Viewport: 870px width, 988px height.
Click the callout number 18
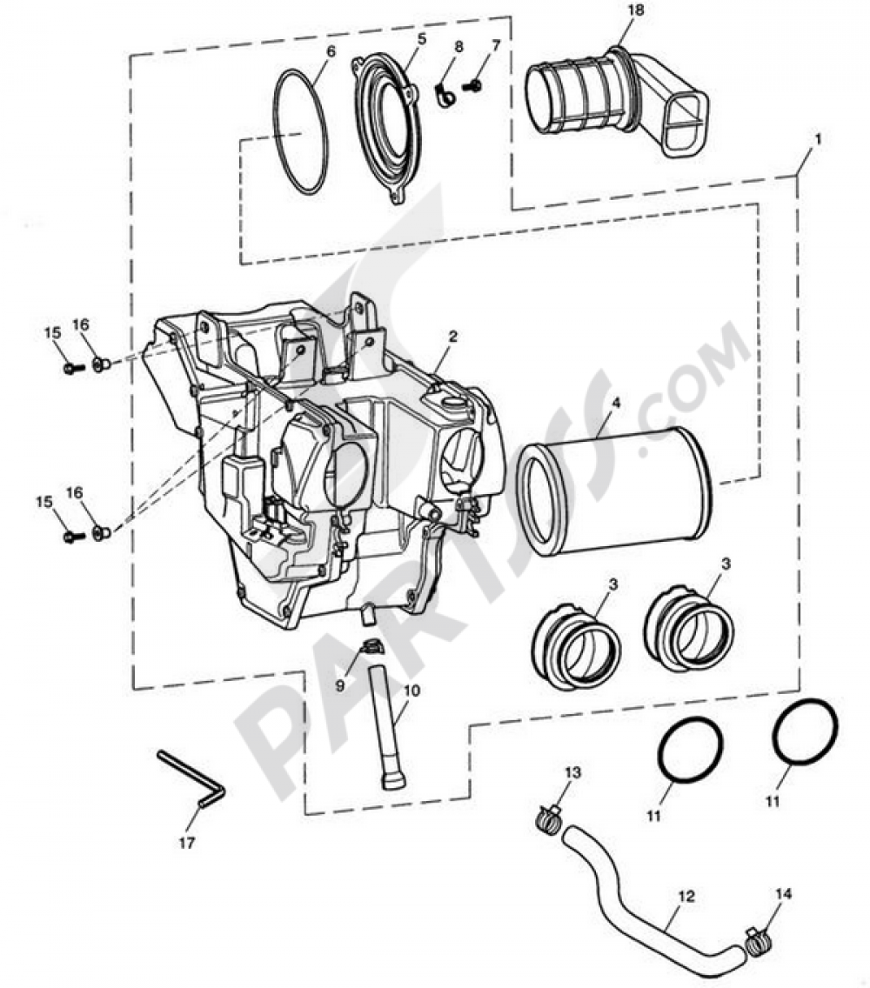coord(636,11)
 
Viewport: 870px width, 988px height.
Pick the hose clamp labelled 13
coord(548,818)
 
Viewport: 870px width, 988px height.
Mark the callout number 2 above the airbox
coord(452,337)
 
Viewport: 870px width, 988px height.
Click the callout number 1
coord(819,139)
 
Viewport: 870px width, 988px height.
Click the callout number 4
coord(615,402)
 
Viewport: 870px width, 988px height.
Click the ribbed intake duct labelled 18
coord(618,101)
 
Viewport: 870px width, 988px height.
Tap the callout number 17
coord(187,842)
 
